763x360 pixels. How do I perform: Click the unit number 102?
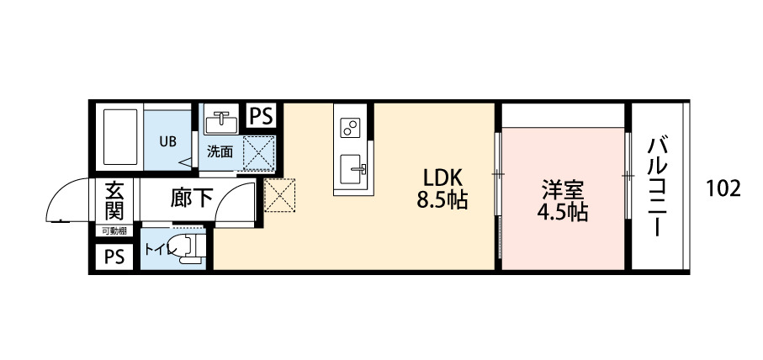[723, 188]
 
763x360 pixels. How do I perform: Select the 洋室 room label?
[563, 190]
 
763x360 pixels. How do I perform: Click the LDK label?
[442, 178]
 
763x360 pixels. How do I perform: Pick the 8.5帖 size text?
[442, 201]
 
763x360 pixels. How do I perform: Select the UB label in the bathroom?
[168, 140]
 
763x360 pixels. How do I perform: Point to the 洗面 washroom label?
[220, 152]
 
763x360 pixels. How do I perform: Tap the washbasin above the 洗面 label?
[221, 122]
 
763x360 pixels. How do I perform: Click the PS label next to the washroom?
[261, 116]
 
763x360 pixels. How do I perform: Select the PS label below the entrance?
[114, 257]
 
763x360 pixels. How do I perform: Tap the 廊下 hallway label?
[191, 199]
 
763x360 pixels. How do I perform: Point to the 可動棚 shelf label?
[114, 230]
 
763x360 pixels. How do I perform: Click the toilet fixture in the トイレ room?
[192, 250]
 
